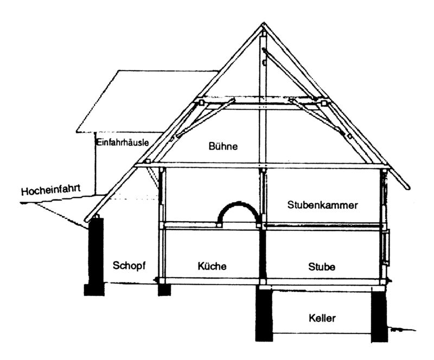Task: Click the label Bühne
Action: point(224,146)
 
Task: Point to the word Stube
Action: point(322,267)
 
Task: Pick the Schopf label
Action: point(131,265)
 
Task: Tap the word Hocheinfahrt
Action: point(52,191)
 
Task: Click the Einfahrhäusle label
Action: point(122,143)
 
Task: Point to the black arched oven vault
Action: point(238,209)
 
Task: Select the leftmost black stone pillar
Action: point(95,255)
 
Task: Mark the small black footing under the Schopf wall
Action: point(164,290)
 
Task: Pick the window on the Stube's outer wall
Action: point(386,247)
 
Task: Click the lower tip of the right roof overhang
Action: point(407,188)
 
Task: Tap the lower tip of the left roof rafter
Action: point(89,222)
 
